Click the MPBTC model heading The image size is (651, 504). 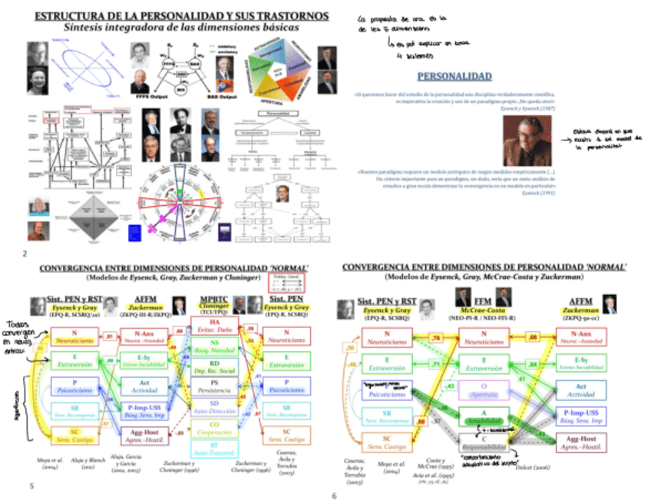213,300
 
